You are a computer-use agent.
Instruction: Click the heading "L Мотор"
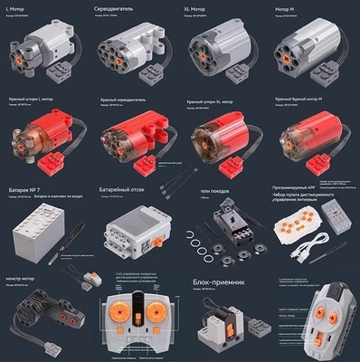click(17, 7)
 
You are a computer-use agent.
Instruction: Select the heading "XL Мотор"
click(201, 7)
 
